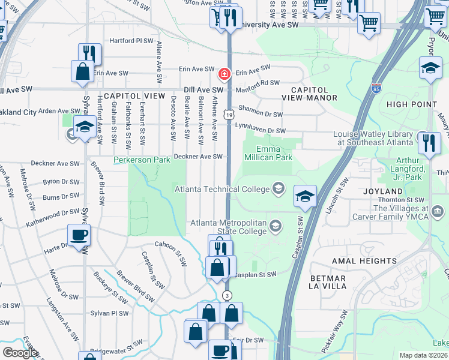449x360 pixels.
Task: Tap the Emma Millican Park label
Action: pos(268,153)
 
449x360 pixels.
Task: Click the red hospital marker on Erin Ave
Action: pos(224,74)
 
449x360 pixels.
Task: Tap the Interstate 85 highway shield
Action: pos(376,88)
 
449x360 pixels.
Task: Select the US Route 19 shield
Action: pos(229,113)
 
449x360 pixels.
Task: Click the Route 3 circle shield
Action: pos(227,295)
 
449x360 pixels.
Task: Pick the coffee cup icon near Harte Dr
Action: pos(80,235)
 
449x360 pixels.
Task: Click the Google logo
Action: pos(19,353)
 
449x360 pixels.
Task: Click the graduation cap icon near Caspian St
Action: pos(305,196)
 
